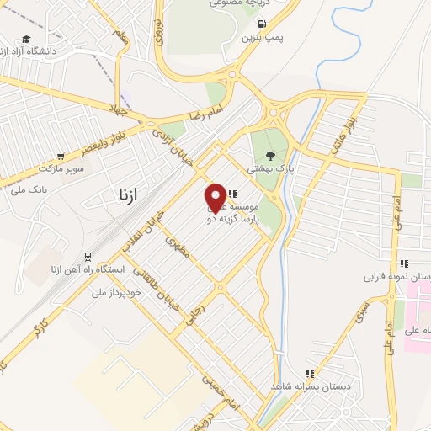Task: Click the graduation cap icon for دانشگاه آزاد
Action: click(27, 40)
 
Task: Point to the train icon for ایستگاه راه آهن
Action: click(87, 256)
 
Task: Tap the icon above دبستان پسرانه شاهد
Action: click(310, 374)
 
